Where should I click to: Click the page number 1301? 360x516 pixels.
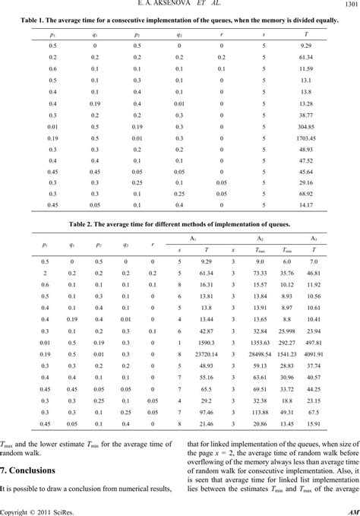[x=349, y=6]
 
